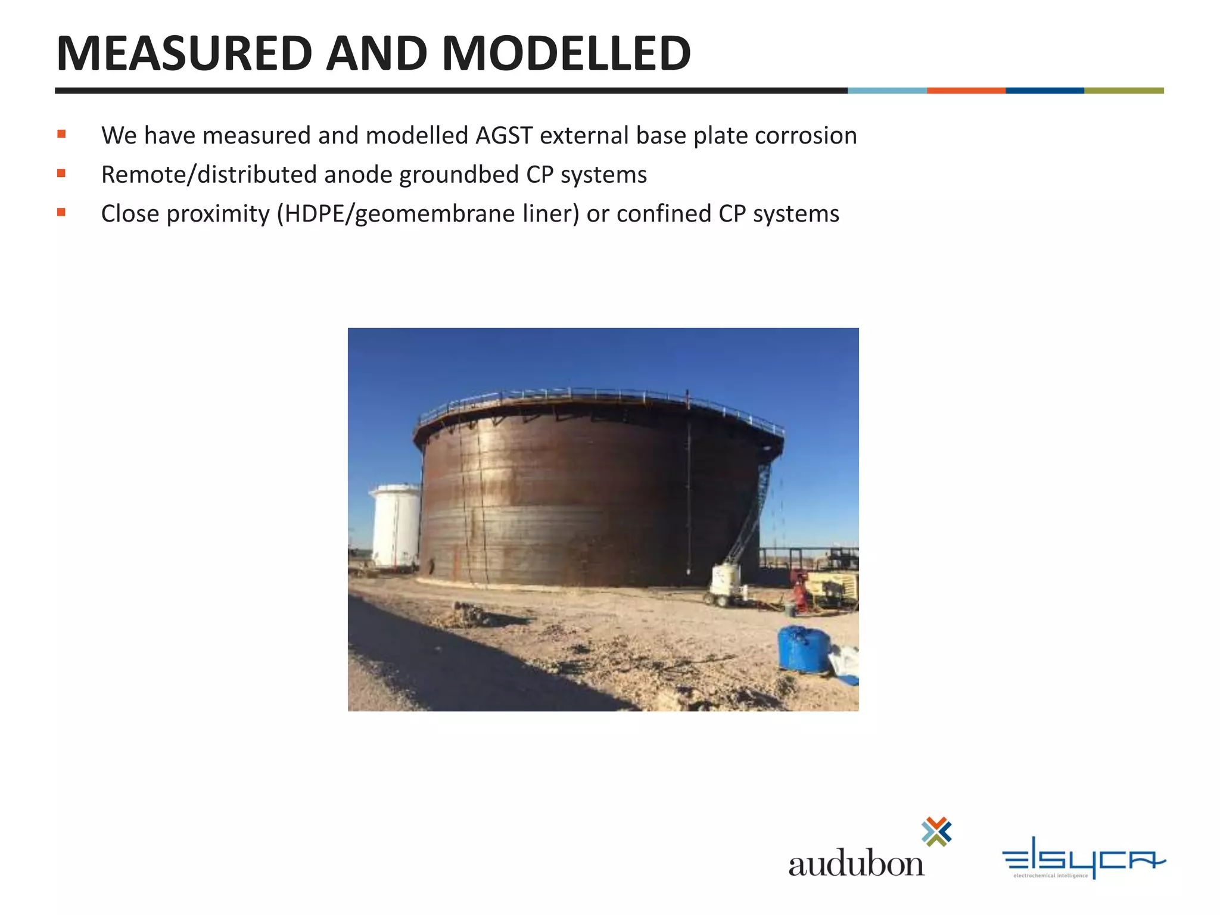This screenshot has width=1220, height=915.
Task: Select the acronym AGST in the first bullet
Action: [503, 136]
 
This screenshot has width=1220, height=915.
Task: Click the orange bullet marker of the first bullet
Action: [61, 134]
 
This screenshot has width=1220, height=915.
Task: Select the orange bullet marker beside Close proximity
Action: [61, 212]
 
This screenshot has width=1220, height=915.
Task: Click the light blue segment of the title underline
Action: [887, 91]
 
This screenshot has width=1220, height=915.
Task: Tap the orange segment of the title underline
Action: [966, 91]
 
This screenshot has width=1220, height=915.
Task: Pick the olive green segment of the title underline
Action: [1123, 91]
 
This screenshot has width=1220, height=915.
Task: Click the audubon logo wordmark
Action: [856, 863]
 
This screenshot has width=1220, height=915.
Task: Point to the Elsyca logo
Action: [1084, 858]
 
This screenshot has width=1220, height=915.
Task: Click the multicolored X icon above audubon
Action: [936, 832]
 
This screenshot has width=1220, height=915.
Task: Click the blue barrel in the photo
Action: [804, 649]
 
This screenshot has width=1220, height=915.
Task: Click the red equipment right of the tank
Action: [799, 590]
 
